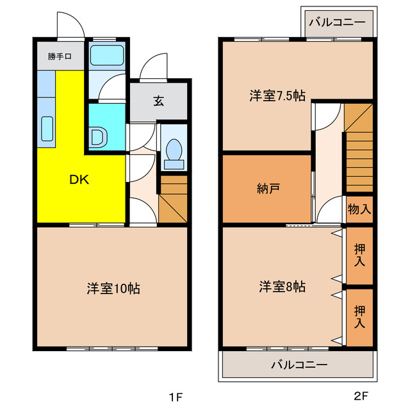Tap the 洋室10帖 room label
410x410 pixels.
coord(113,288)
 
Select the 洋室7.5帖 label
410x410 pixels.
coord(277,96)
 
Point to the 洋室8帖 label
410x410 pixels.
coord(282,286)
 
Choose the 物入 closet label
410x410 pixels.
coord(359,209)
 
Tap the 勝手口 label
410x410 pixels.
coord(59,56)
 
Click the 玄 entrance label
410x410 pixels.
coord(158,101)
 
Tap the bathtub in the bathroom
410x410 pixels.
coord(107,55)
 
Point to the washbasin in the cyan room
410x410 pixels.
coord(97,137)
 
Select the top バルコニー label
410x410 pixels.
coord(337,22)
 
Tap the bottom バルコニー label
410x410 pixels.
coord(299,365)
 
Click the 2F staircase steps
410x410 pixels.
coord(359,160)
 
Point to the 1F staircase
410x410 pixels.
coord(173,199)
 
